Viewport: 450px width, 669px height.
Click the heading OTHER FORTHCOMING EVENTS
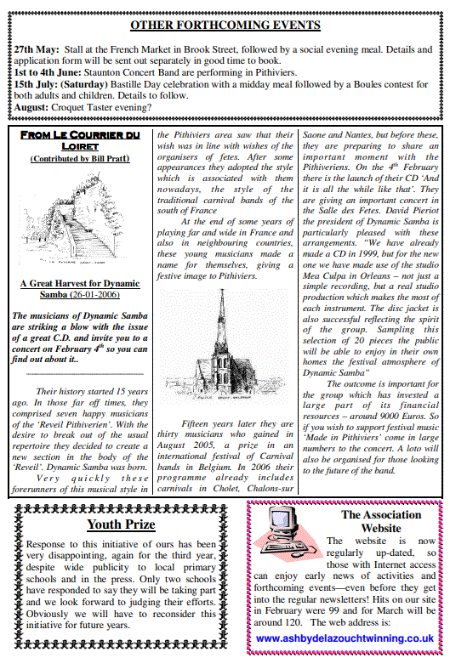pos(225,26)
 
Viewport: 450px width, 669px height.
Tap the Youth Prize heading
pos(121,524)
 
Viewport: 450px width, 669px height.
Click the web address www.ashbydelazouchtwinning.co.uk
pos(345,638)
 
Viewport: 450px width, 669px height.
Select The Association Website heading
pos(380,521)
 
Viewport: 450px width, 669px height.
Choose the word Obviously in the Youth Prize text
pos(54,600)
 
